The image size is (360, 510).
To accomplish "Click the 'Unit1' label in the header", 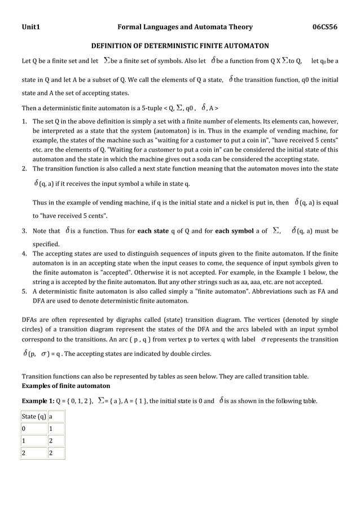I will (x=30, y=27).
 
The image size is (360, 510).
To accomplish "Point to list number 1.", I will (x=24, y=121).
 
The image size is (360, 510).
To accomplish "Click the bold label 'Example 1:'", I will (x=37, y=402).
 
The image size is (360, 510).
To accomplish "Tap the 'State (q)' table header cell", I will (x=34, y=417).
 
